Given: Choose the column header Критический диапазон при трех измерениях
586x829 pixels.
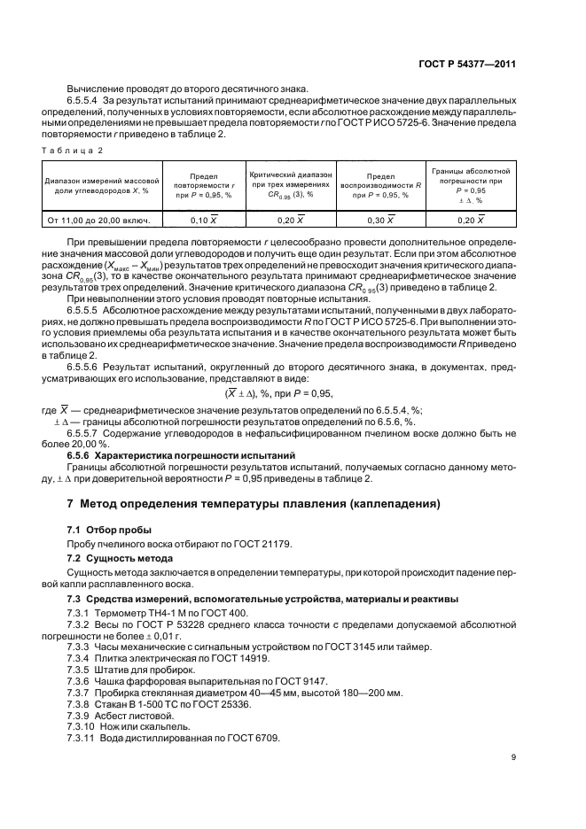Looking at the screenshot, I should tap(290, 185).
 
